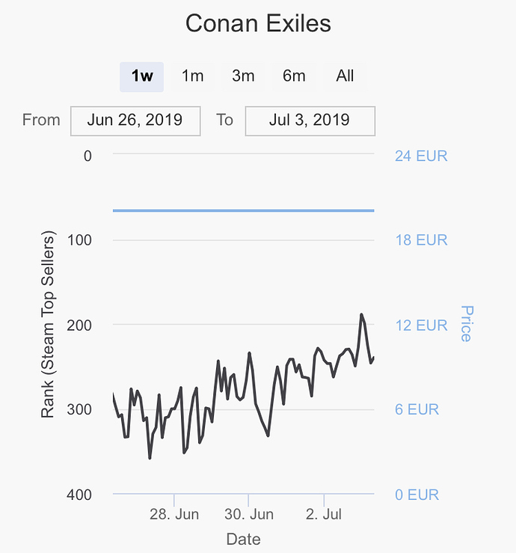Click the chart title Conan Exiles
[x=258, y=23]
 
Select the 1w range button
[x=142, y=76]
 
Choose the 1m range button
[x=193, y=76]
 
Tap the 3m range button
[x=243, y=76]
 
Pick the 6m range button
[x=294, y=76]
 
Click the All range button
[x=345, y=76]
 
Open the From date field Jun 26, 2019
[x=135, y=120]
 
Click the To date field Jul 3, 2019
[x=310, y=120]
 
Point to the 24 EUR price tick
[x=420, y=156]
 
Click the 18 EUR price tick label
[x=420, y=240]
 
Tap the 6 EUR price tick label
[x=417, y=410]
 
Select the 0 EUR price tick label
[x=417, y=495]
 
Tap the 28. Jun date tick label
[x=173, y=515]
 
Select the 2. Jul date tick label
[x=324, y=515]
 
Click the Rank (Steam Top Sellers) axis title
[x=49, y=326]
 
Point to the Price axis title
[x=467, y=323]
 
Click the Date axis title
[x=244, y=539]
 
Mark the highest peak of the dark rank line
[x=361, y=314]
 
